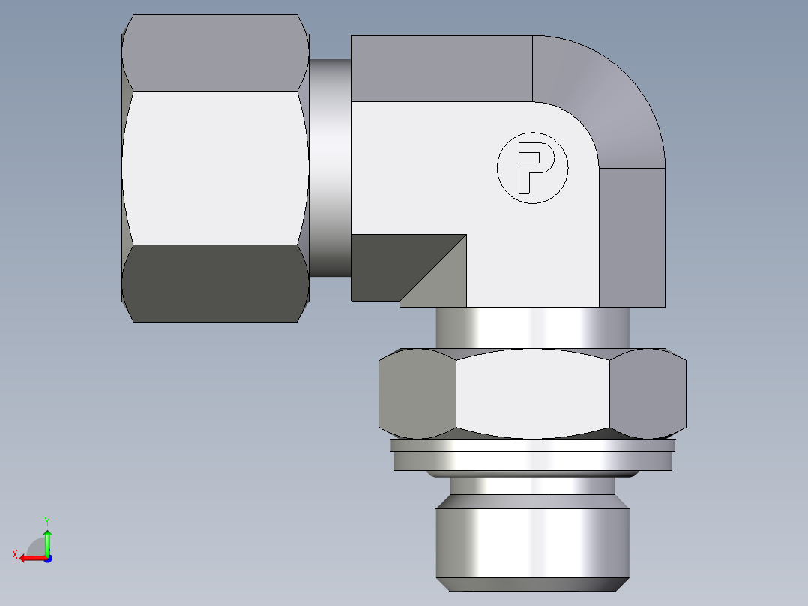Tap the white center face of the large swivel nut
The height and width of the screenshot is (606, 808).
pyautogui.click(x=215, y=167)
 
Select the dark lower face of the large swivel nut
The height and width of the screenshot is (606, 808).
pyautogui.click(x=215, y=283)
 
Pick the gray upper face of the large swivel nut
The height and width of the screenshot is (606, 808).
pyautogui.click(x=215, y=52)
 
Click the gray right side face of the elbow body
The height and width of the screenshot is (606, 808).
pyautogui.click(x=632, y=236)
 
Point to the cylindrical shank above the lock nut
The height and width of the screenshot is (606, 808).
pyautogui.click(x=532, y=328)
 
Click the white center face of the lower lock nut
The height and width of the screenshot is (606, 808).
pyautogui.click(x=532, y=394)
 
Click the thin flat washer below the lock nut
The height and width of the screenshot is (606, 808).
pyautogui.click(x=532, y=455)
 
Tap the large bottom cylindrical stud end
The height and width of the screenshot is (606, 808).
pyautogui.click(x=532, y=544)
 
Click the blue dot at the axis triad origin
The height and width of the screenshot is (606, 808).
pyautogui.click(x=47, y=559)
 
